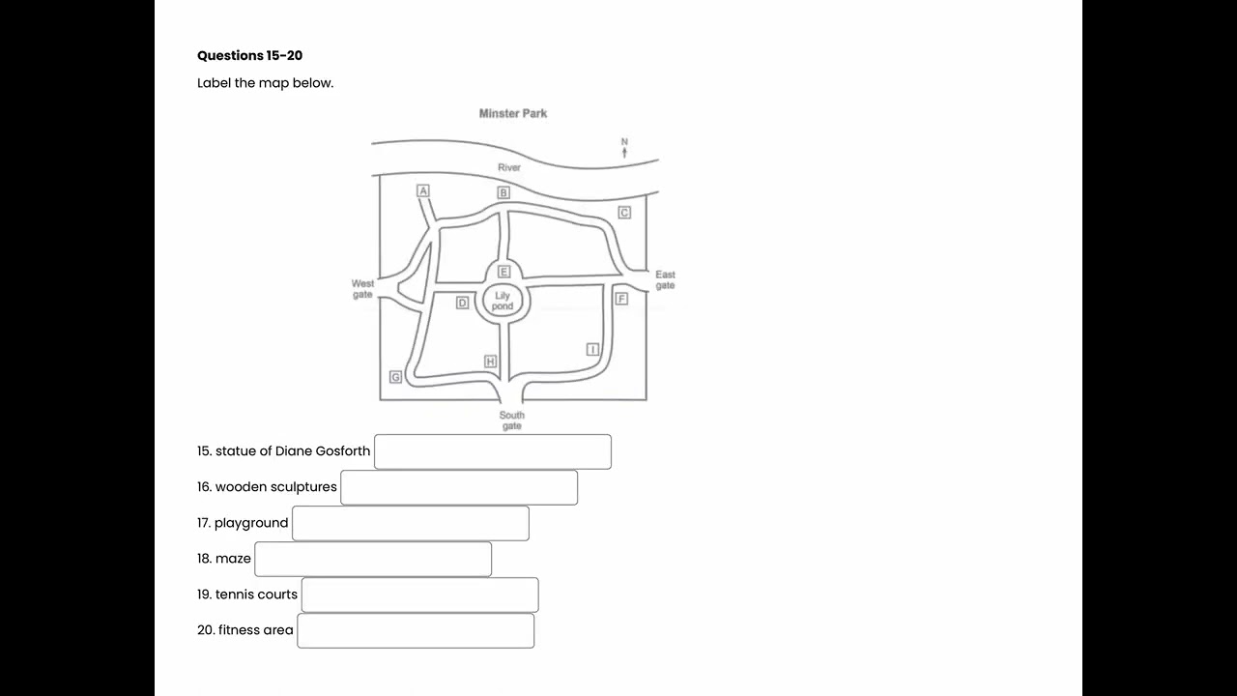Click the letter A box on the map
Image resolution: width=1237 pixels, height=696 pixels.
click(x=423, y=190)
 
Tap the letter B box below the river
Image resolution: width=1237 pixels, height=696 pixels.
click(x=503, y=192)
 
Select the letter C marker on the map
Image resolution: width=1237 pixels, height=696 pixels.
click(x=624, y=213)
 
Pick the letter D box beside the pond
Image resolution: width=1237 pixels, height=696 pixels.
click(x=462, y=303)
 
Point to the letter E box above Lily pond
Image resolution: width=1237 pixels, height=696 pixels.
click(x=503, y=272)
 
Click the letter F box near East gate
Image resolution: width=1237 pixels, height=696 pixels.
click(x=621, y=299)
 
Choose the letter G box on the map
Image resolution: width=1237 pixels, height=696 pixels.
click(x=395, y=377)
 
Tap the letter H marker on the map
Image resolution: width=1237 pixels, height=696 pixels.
click(x=490, y=362)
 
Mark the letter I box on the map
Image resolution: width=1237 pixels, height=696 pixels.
click(x=592, y=350)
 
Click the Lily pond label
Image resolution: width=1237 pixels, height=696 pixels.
click(x=503, y=301)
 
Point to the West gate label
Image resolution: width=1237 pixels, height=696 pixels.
click(x=362, y=289)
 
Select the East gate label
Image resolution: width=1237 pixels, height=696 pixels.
click(x=666, y=280)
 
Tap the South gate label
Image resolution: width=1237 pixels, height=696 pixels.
click(x=512, y=420)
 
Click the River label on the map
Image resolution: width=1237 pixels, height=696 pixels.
click(x=509, y=167)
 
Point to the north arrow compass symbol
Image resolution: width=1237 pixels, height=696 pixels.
click(x=624, y=148)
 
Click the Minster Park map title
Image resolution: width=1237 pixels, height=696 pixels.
click(x=513, y=113)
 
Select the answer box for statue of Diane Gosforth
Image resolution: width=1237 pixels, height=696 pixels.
click(x=493, y=451)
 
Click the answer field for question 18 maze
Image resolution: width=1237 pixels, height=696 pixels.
click(x=373, y=559)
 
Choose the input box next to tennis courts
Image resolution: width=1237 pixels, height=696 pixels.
click(x=419, y=594)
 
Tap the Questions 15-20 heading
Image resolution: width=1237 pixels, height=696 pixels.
click(x=249, y=55)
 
